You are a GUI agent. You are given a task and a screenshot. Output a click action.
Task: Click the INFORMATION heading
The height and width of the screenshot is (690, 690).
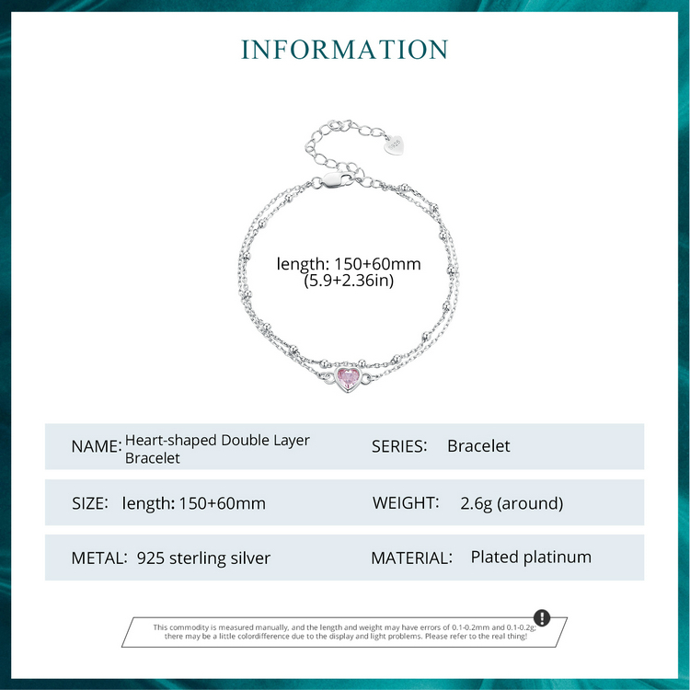click(345, 50)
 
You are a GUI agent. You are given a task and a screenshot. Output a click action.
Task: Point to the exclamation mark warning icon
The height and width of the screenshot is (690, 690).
click(542, 617)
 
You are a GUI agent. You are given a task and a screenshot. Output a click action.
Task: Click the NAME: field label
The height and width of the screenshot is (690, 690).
click(96, 446)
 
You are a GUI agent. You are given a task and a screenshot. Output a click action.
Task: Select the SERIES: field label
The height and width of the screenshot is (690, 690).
click(399, 446)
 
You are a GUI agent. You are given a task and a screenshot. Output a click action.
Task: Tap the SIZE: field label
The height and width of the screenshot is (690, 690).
click(90, 502)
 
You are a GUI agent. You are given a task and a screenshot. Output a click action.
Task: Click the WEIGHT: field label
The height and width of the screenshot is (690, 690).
click(406, 502)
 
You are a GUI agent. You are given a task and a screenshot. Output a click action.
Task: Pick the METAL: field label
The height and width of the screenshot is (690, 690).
click(98, 558)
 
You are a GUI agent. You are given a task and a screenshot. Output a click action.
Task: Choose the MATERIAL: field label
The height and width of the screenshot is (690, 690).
click(411, 558)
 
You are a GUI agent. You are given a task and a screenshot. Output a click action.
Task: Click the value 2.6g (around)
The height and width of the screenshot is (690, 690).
click(512, 502)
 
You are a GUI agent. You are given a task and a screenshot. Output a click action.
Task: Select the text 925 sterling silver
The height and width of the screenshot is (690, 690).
click(203, 558)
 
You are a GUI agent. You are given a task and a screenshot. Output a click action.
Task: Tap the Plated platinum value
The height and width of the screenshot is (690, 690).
click(531, 557)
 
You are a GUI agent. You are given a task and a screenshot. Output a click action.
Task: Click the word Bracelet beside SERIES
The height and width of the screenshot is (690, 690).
click(478, 446)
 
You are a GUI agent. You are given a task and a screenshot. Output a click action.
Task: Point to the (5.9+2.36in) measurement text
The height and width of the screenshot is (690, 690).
click(349, 281)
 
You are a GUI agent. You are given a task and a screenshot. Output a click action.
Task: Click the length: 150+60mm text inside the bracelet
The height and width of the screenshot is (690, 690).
click(349, 264)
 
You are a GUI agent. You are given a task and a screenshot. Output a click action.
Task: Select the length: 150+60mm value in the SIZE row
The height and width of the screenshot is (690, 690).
click(193, 502)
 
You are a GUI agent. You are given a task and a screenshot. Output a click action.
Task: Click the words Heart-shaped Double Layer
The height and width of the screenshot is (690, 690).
click(217, 440)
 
